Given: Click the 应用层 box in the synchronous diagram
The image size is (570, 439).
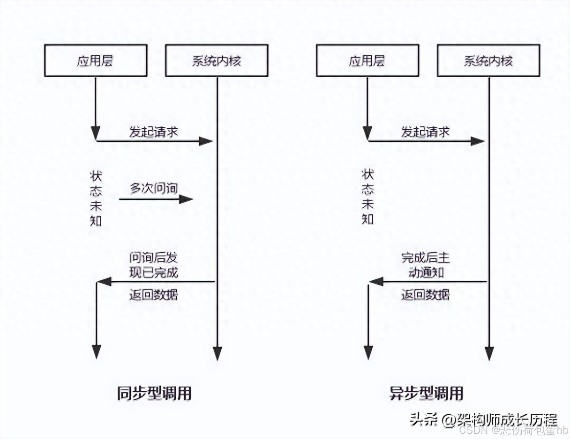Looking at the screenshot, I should [96, 60].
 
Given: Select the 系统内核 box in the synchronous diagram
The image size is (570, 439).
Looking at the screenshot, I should [217, 60].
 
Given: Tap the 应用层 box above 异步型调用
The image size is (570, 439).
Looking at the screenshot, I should [367, 60].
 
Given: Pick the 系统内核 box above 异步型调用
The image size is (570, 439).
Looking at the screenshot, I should [488, 60].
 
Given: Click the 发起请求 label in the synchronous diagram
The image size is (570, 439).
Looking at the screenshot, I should [154, 132].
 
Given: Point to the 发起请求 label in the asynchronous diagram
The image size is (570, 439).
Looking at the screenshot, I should [425, 132].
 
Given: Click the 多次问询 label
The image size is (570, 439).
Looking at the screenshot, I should [154, 189].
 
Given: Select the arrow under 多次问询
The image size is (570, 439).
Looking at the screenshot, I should [156, 199].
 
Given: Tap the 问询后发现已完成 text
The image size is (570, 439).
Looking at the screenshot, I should [154, 264].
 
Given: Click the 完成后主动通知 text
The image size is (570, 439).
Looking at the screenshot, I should [425, 264].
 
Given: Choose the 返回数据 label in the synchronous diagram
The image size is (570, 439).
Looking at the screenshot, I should [154, 295].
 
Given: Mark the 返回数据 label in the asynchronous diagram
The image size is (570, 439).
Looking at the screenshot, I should [425, 295].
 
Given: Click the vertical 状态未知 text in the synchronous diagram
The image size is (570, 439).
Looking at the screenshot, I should [96, 198].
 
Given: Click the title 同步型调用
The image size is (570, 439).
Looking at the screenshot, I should [154, 393].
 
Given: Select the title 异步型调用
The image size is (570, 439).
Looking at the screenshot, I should [426, 393].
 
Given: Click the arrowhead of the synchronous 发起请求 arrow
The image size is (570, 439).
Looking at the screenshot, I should [206, 141].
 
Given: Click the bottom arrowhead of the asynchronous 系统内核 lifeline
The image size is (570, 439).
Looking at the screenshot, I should [489, 354].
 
